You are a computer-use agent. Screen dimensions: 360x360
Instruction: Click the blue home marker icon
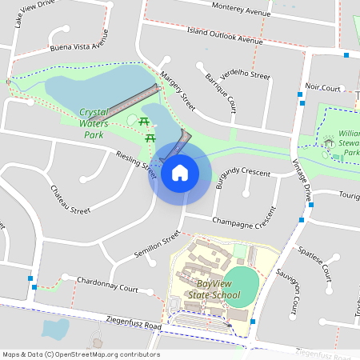point(179,171)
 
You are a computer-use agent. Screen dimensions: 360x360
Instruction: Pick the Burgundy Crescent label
point(244,174)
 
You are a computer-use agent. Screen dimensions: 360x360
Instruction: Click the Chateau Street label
point(70,199)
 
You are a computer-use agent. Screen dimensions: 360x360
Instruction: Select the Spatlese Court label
point(314,262)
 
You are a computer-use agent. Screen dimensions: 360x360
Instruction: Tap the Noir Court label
point(323,86)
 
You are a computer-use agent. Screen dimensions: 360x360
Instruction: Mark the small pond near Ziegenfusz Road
point(54,329)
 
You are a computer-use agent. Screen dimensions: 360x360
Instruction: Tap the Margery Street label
point(178,91)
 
